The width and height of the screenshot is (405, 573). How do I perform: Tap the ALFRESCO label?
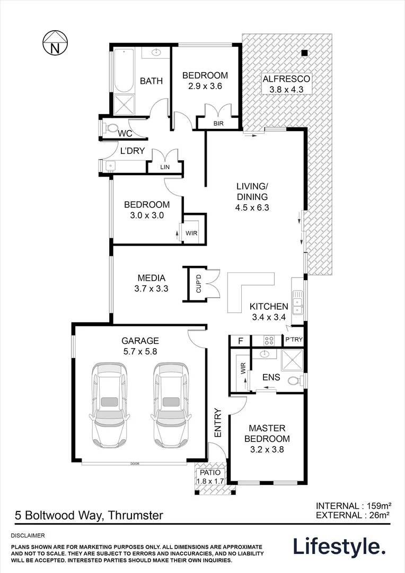[x=286, y=79]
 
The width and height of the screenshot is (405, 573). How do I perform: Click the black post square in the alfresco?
[x=305, y=53]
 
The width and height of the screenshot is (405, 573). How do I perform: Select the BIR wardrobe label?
[x=219, y=124]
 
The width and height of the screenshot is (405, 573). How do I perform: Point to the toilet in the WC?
[x=111, y=128]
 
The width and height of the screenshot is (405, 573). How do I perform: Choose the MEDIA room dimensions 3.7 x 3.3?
[x=152, y=289]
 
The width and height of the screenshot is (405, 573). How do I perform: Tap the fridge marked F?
[x=240, y=341]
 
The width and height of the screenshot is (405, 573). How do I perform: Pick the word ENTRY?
[x=217, y=423]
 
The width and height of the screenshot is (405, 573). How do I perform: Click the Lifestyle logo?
[x=339, y=546]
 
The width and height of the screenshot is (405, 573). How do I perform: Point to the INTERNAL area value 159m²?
[x=382, y=506]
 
